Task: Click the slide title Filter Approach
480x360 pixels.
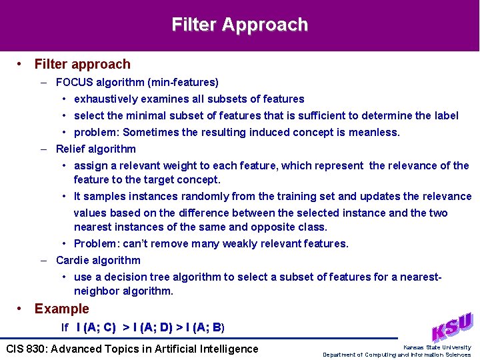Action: [x=240, y=25]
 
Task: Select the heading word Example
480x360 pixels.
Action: [x=61, y=309]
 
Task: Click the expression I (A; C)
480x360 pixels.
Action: [x=96, y=327]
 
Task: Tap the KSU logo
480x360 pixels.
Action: [x=452, y=327]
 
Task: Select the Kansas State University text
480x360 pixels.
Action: [x=437, y=347]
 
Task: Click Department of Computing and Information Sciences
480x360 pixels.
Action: [x=397, y=355]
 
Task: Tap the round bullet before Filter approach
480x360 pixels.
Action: [x=21, y=64]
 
